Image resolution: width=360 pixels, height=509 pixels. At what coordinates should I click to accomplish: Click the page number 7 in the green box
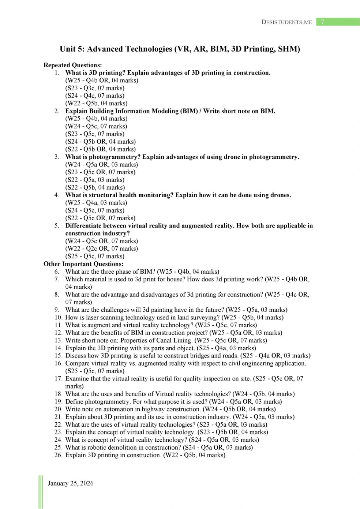pyautogui.click(x=322, y=22)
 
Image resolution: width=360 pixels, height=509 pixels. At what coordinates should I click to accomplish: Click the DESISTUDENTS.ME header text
pyautogui.click(x=286, y=22)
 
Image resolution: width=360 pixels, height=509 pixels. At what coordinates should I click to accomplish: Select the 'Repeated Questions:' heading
pyautogui.click(x=72, y=65)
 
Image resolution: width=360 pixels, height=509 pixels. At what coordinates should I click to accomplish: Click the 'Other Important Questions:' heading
pyautogui.click(x=83, y=264)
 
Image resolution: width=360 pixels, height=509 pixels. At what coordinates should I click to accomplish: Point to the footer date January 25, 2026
pyautogui.click(x=71, y=483)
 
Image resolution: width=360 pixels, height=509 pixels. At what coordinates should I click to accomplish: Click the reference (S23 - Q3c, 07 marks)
pyautogui.click(x=95, y=88)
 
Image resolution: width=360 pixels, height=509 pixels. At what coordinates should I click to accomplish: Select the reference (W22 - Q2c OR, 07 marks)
pyautogui.click(x=102, y=248)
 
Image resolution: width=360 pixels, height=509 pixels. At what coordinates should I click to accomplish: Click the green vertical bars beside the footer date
pyautogui.click(x=41, y=492)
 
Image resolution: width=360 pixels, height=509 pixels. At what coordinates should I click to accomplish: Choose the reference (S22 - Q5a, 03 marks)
pyautogui.click(x=95, y=180)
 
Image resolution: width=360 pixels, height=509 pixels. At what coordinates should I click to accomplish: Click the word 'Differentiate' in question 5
pyautogui.click(x=85, y=225)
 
